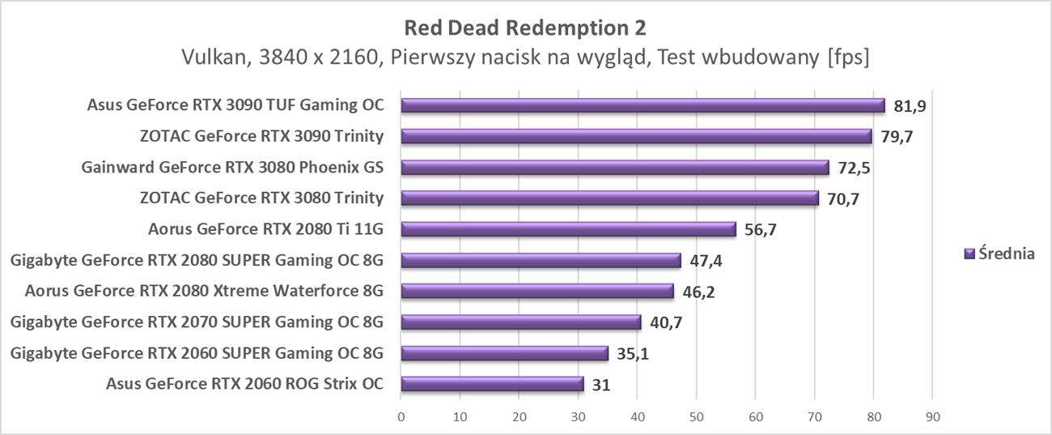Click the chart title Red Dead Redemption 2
(x=525, y=28)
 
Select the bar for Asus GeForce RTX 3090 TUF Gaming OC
(x=643, y=105)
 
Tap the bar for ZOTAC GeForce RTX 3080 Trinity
(x=609, y=198)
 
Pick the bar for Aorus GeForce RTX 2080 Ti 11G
(x=568, y=229)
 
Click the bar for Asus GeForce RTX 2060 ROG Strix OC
(x=492, y=384)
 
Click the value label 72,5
(x=854, y=168)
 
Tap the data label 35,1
(x=633, y=353)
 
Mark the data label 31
(x=600, y=384)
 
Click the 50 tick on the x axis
(x=696, y=417)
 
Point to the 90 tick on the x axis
(x=932, y=417)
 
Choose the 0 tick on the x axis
(x=401, y=417)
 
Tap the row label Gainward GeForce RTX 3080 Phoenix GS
(x=232, y=168)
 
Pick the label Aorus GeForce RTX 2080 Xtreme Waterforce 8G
(x=204, y=292)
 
